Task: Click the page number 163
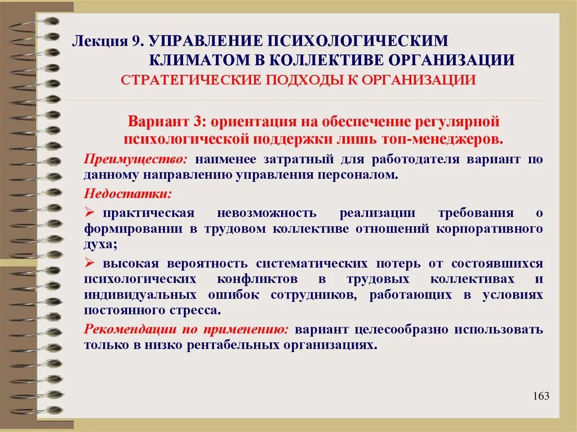[540, 396]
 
